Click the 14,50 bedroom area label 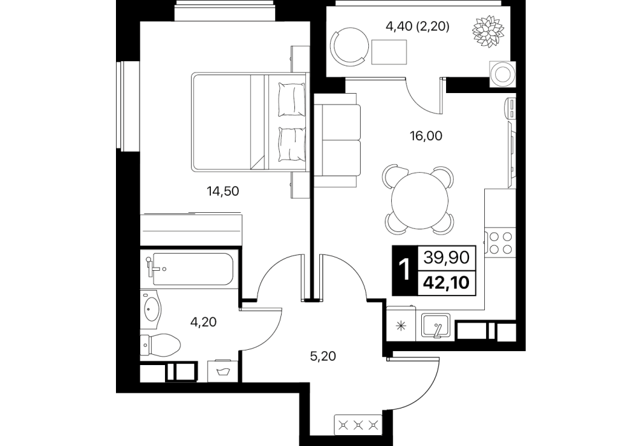223,191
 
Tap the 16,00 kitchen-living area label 426,136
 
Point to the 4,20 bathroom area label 203,322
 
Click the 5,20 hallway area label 323,356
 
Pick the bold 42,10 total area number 447,282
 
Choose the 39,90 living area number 447,257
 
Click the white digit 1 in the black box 405,270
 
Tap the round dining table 420,200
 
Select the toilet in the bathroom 161,345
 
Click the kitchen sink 436,326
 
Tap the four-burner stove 500,242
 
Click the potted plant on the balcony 488,31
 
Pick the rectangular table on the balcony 389,52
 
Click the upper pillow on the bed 291,99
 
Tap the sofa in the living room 337,140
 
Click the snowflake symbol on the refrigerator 401,326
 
